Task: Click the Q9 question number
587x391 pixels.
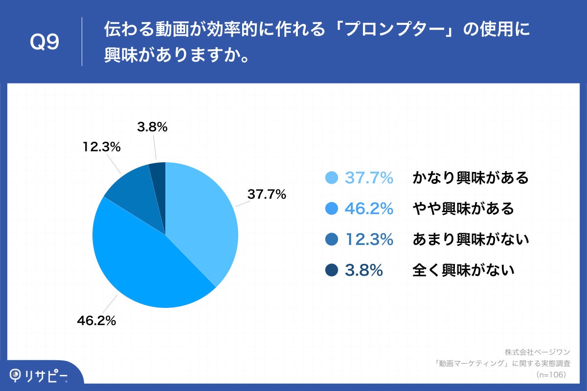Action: [x=45, y=43]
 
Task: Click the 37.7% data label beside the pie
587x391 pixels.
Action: [x=266, y=195]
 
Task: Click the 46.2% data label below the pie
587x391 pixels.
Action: [x=96, y=321]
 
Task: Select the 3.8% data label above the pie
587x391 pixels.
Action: [x=152, y=128]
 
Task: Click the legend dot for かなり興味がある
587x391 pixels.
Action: [x=332, y=178]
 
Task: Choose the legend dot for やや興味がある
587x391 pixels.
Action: [x=332, y=209]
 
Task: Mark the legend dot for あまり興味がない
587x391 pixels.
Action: [x=332, y=239]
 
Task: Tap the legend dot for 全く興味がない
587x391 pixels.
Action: [x=332, y=270]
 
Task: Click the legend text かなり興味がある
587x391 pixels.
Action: [x=471, y=178]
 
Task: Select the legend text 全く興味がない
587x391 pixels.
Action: [x=463, y=270]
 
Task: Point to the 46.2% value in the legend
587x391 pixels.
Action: [x=369, y=209]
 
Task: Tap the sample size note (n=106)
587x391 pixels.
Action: [x=551, y=374]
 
